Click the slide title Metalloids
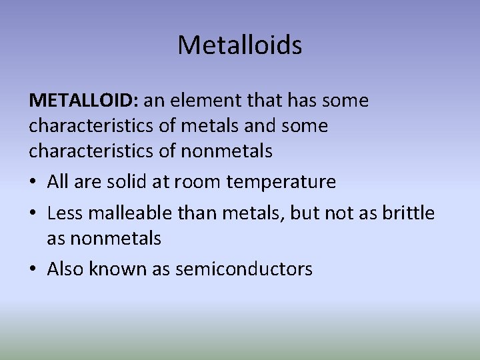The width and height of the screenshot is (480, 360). pos(240,45)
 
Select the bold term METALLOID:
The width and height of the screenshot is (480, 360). pos(83,101)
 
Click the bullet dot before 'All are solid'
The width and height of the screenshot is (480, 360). pos(33,182)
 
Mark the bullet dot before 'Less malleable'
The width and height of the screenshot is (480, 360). pos(33,214)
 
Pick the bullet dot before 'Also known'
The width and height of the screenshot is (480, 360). pos(33,269)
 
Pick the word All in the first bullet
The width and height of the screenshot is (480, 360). pos(58,181)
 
